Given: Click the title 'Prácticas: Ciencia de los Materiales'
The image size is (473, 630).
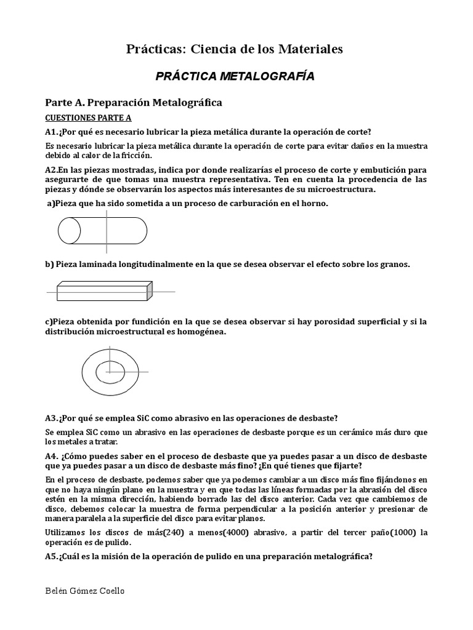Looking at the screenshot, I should coord(235,49).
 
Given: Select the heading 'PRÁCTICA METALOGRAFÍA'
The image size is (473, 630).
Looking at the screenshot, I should coord(235,76).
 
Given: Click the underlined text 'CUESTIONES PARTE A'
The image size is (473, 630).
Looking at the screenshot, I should coord(89,118).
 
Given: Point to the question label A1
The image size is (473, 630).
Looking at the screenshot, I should coord(52,132).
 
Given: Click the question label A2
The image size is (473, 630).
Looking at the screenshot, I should coord(52,169).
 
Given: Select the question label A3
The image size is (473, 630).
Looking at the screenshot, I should coord(52,418).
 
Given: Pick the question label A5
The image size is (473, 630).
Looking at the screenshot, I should coord(52,557).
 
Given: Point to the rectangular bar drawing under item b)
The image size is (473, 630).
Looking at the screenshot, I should coord(103,290).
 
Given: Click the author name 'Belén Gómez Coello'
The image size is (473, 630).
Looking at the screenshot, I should coord(85,591).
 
